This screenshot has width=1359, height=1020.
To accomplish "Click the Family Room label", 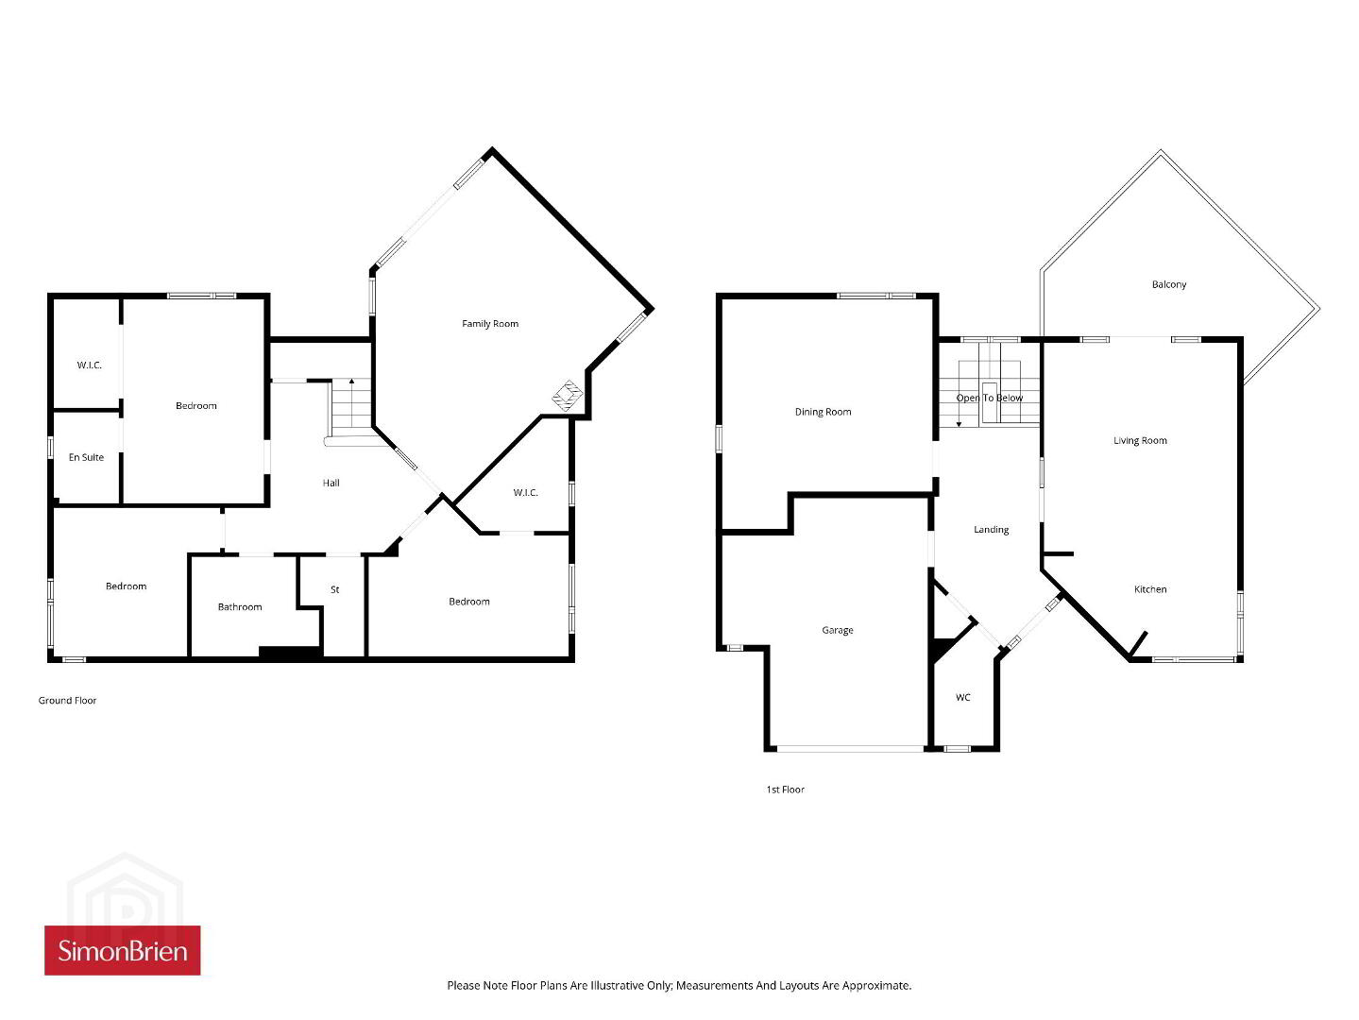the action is (490, 324).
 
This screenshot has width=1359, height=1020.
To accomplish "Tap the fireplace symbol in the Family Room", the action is (568, 396).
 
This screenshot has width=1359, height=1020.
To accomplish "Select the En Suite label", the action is (86, 457).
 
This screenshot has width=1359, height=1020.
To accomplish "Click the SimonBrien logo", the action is (122, 950).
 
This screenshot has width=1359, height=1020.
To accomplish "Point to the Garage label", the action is (837, 630).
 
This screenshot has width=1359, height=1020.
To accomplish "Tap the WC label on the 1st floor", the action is (962, 698).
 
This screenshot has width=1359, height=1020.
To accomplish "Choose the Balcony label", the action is (1169, 284).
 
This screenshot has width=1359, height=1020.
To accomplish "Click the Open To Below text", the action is (990, 398).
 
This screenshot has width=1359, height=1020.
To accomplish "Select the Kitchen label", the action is (1150, 589).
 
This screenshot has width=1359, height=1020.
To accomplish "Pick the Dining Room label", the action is (823, 412).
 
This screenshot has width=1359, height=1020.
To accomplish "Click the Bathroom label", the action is (240, 607).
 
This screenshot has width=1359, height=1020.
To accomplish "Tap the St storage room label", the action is (335, 590).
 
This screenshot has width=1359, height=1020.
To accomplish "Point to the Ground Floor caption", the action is (67, 701).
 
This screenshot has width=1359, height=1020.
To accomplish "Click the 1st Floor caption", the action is (785, 790).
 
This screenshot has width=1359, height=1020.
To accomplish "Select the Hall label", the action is (331, 483).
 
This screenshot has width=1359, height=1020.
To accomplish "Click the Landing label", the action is (992, 530).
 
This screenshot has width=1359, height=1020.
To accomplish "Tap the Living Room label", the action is (1140, 441).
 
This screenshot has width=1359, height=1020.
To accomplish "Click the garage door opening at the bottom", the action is (850, 749).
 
